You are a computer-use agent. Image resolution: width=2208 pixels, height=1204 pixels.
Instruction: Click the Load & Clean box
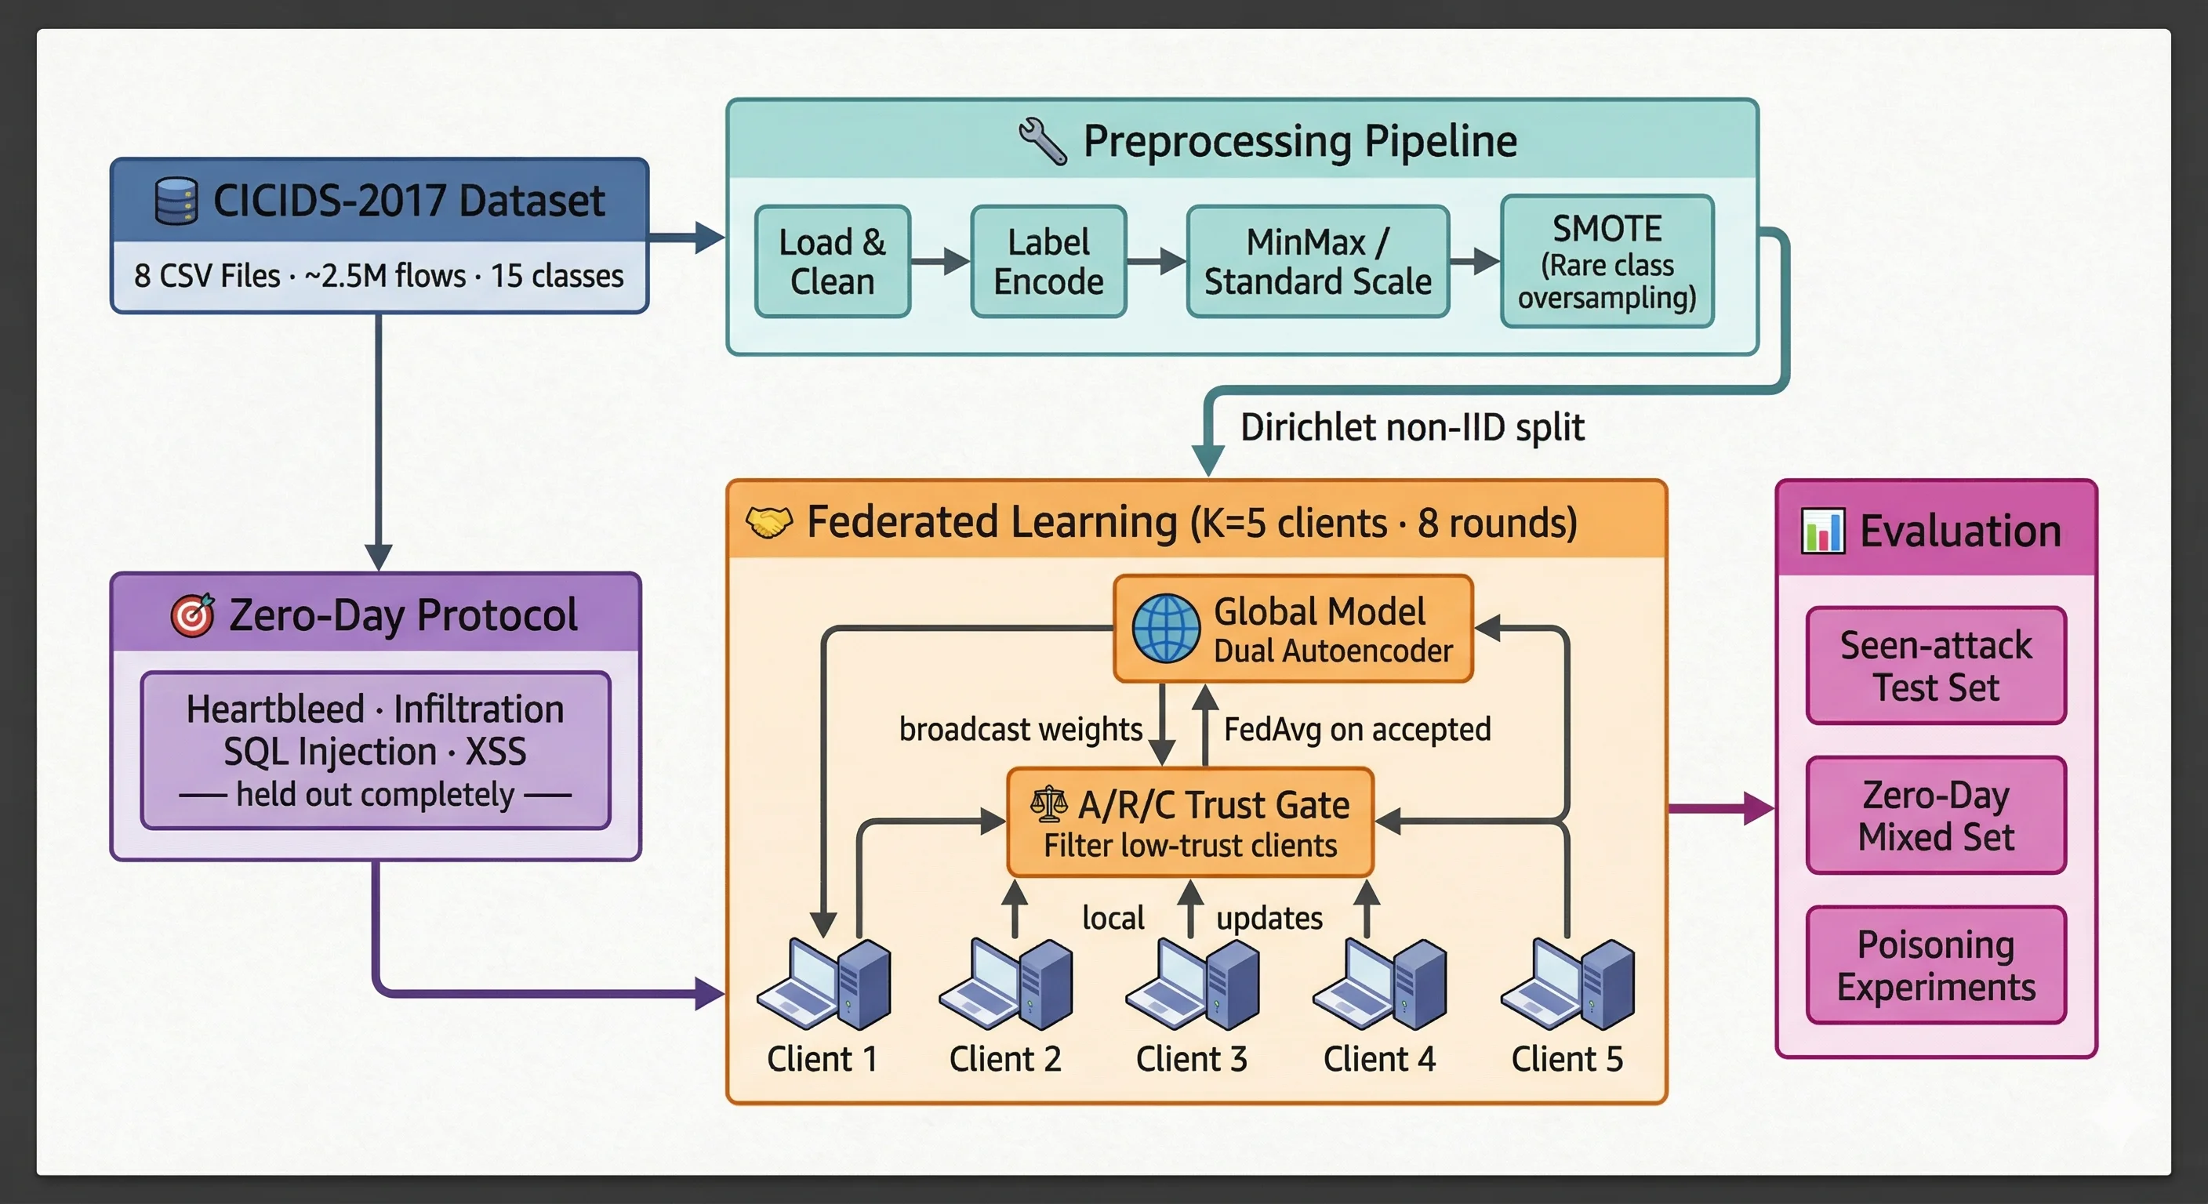[x=831, y=261]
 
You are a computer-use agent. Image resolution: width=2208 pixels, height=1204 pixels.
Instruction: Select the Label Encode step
[x=1048, y=261]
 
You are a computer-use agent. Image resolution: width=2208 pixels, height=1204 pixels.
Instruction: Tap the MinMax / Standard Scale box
[x=1316, y=261]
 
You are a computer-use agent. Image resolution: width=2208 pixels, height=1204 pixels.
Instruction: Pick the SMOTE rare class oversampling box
[x=1607, y=261]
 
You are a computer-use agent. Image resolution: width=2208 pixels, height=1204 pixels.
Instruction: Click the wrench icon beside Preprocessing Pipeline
[x=1042, y=140]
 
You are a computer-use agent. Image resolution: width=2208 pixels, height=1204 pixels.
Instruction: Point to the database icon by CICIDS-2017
[x=176, y=201]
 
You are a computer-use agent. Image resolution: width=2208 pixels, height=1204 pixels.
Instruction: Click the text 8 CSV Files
[x=206, y=276]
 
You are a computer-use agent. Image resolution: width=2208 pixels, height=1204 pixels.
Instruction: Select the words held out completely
[x=375, y=794]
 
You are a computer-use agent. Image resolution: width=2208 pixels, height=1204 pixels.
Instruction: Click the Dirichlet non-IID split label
[x=1411, y=426]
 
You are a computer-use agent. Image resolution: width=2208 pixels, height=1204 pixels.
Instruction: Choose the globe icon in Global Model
[x=1166, y=629]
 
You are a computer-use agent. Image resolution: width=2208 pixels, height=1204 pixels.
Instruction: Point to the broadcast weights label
[x=1020, y=729]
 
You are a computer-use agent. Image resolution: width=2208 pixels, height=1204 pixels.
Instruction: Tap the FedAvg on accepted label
[x=1356, y=729]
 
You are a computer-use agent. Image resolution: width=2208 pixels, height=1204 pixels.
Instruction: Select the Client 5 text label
[x=1566, y=1059]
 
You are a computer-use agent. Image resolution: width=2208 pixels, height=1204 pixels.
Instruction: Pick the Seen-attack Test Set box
[x=1935, y=665]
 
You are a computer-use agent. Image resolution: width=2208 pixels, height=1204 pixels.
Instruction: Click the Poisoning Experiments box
[x=1935, y=965]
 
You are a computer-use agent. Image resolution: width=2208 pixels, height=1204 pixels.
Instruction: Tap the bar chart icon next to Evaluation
[x=1822, y=531]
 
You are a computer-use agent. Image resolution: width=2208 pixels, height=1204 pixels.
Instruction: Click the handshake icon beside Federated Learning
[x=768, y=522]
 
